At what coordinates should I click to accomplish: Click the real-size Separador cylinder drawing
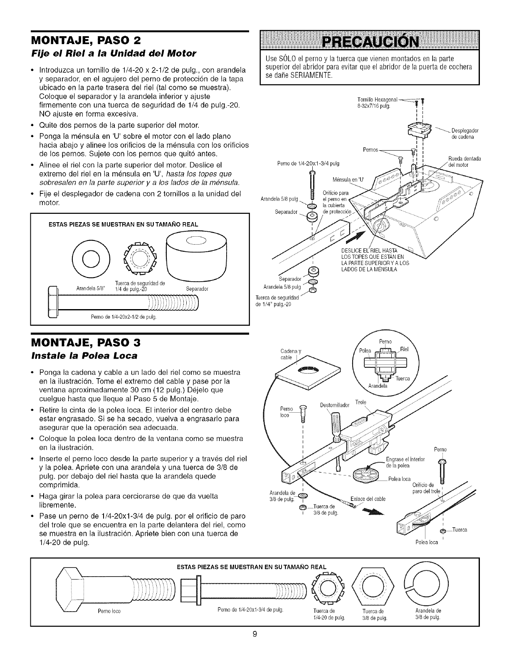(195, 258)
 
